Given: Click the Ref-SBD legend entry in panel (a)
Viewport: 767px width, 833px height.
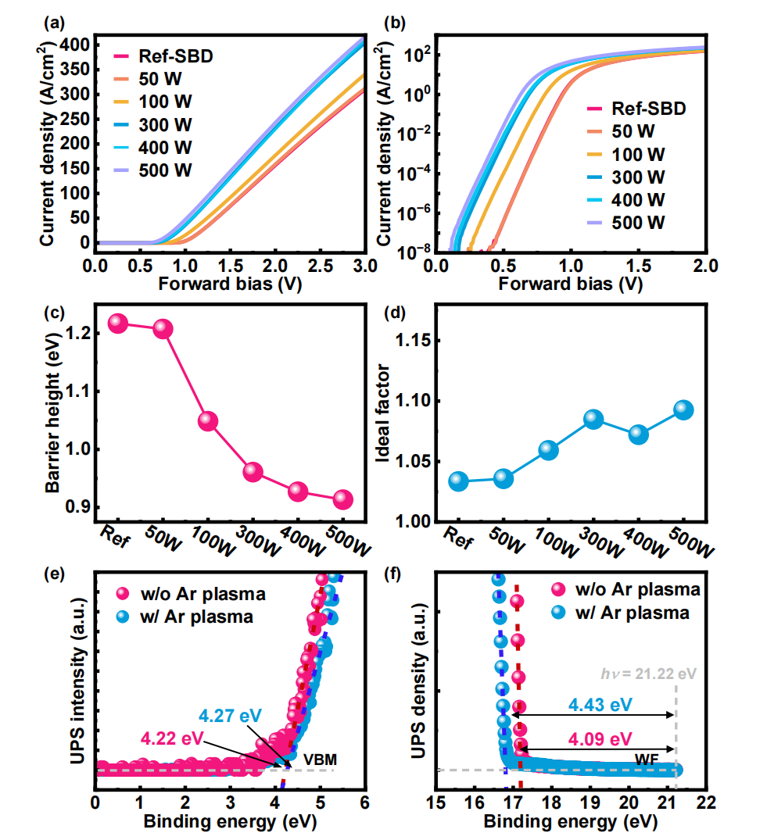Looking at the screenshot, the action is pos(163,56).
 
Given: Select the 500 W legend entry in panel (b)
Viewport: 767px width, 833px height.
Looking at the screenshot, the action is pos(625,223).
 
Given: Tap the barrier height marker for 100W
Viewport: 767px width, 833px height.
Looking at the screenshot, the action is pos(208,421).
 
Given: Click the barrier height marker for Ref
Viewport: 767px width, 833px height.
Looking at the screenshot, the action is pos(118,323).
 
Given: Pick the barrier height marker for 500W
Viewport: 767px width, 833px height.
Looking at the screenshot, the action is pos(342,499).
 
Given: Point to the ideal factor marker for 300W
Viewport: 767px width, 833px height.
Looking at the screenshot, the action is pos(593,419).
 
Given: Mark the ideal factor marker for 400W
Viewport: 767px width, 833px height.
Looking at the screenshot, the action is pos(638,434).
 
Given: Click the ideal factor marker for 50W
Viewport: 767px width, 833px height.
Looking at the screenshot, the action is pos(504,479).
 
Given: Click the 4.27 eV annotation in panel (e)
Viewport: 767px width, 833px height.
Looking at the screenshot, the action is pos(230,716).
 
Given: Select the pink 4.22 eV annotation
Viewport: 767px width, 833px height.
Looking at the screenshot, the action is pos(172,738).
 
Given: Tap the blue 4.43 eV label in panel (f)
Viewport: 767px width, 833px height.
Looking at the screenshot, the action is pos(600,705).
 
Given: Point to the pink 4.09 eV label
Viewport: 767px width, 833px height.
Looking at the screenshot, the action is pos(600,739).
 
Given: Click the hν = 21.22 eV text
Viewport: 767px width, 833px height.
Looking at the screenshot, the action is pos(648,674).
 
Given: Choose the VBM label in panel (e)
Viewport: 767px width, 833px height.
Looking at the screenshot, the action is pos(320,760).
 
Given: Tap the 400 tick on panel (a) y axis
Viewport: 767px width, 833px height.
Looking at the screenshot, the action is pos(75,45).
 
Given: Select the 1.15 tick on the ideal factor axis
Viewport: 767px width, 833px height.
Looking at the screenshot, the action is pos(413,341).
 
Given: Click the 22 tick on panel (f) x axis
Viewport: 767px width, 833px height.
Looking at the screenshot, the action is pos(706,803).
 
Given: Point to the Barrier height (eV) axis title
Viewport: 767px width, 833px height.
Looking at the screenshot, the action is pos(53,413).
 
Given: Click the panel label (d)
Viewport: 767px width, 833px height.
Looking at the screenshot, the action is pos(394,313).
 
